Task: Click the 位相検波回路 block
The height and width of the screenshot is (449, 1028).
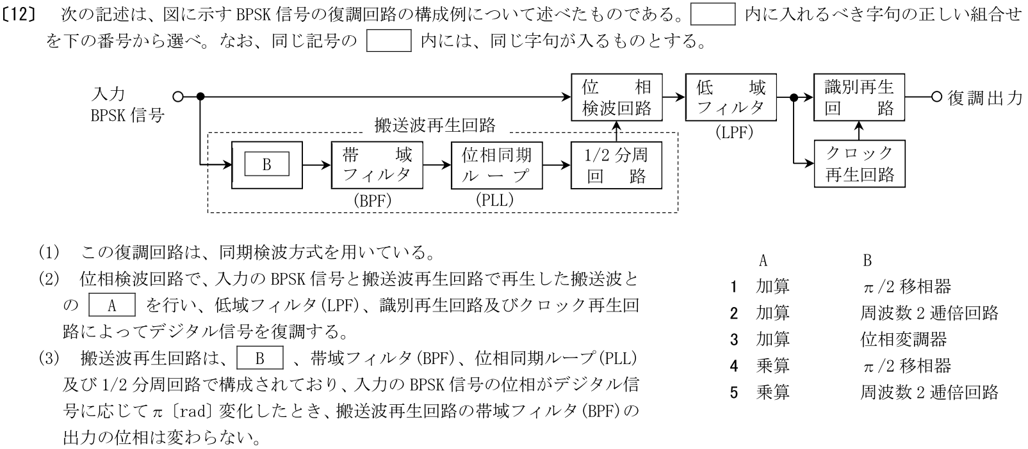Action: [616, 97]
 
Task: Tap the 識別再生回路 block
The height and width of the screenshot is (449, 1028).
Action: [859, 97]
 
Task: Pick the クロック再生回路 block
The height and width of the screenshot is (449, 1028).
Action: [859, 164]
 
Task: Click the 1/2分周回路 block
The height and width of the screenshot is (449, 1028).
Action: [616, 165]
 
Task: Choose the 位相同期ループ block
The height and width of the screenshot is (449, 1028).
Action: [496, 165]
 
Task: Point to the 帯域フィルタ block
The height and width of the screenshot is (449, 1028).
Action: [377, 165]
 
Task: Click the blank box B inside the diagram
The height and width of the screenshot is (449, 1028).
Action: [266, 165]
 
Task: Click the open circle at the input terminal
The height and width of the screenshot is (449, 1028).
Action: [178, 97]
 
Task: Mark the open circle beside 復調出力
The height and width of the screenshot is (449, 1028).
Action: [936, 97]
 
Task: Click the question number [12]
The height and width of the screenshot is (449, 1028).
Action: [22, 14]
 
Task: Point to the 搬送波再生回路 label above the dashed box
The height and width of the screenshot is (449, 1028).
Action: [434, 125]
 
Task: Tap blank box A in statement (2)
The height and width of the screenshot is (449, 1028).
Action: [111, 305]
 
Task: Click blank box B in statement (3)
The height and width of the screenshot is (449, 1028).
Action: [259, 358]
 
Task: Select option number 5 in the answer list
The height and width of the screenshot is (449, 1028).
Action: [734, 392]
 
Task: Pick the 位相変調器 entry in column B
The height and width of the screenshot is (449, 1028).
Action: [903, 339]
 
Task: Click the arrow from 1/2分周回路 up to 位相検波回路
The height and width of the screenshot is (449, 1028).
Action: [616, 131]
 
